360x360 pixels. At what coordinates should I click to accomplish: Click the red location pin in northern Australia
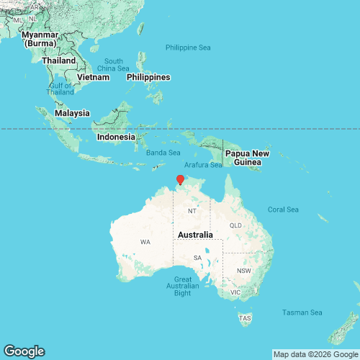[180, 180]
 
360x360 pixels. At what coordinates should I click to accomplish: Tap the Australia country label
[194, 235]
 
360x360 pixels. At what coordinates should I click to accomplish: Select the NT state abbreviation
[192, 211]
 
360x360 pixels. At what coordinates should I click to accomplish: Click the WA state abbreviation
[145, 242]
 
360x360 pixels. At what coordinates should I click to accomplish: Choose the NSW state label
[243, 271]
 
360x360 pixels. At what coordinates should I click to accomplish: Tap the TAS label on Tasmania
[245, 318]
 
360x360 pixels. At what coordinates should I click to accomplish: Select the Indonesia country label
[116, 137]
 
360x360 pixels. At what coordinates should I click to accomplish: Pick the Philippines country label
[148, 77]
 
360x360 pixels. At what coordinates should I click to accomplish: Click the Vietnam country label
[94, 77]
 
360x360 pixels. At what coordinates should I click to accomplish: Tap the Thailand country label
[59, 61]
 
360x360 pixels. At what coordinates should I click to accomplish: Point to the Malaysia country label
[73, 113]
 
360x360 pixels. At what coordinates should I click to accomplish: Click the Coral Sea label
[282, 210]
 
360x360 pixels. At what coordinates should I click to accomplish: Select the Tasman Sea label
[302, 312]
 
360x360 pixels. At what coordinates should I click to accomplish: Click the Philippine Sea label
[188, 48]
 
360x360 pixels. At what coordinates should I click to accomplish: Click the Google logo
[23, 351]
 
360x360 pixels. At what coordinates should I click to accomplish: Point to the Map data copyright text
[315, 354]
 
